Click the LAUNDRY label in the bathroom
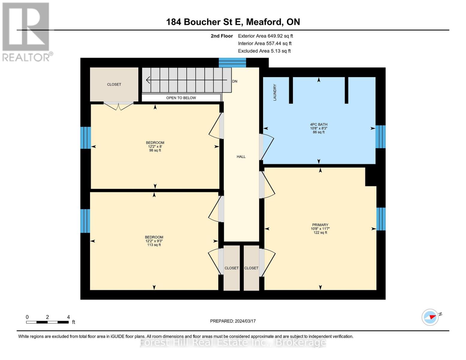(x=275, y=92)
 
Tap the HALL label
(x=241, y=157)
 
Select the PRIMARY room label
(x=320, y=225)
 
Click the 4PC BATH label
(x=319, y=124)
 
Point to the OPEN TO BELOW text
(x=181, y=98)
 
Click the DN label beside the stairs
(x=235, y=81)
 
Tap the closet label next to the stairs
(x=114, y=85)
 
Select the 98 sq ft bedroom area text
(x=155, y=150)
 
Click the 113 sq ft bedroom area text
(x=154, y=245)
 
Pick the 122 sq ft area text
(x=320, y=232)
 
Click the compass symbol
(x=430, y=317)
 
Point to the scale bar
(x=47, y=322)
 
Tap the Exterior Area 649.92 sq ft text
(x=265, y=36)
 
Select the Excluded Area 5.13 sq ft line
(x=264, y=51)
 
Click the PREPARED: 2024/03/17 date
(x=233, y=321)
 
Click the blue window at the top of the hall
(x=232, y=63)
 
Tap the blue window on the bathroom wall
(x=380, y=137)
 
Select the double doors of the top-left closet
(x=119, y=106)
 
